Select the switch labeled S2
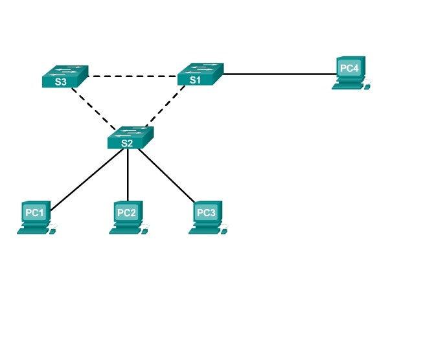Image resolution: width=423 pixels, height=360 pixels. coord(131,137)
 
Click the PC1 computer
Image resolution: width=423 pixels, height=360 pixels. coord(34,217)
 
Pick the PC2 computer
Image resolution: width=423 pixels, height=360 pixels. coord(127,217)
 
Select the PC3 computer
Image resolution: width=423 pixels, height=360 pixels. coord(206,217)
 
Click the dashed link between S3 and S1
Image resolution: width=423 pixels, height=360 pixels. coord(133,76)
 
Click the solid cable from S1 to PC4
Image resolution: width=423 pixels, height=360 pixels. coord(279,74)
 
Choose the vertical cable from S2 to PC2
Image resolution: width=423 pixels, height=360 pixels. coord(128,175)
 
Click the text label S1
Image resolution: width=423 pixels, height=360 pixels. coord(195,80)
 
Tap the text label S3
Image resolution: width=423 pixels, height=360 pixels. coord(60,82)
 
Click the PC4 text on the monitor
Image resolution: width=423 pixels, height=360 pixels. coord(349,67)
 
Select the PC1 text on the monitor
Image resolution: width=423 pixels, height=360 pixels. coord(34,212)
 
